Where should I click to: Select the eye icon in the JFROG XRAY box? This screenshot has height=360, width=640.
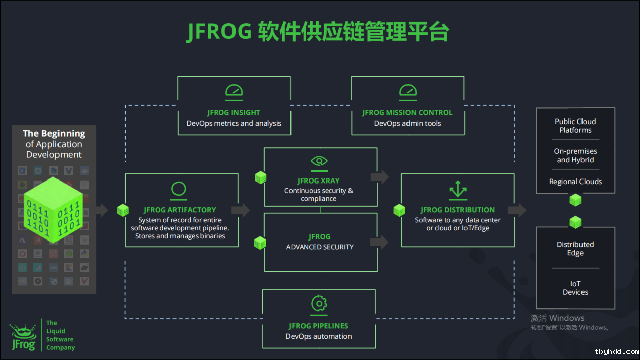319,161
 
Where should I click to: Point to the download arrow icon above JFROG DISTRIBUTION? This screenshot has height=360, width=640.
458,190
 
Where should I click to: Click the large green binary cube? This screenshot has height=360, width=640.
53,210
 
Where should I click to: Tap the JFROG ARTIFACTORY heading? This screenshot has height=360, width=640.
180,210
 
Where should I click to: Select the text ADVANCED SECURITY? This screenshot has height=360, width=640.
320,247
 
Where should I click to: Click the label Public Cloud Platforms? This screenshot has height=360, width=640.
575,126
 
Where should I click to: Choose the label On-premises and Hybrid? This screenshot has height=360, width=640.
575,155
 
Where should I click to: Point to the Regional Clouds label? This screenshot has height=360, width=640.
575,182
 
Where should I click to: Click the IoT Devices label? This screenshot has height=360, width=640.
575,288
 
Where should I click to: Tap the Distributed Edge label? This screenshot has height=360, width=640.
575,249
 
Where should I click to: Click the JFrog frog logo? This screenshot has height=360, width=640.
23,337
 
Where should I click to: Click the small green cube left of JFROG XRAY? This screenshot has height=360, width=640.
261,177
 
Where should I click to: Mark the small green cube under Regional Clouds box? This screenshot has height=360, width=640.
575,200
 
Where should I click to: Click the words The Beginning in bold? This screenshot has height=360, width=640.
54,134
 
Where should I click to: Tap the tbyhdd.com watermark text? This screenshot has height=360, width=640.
617,352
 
